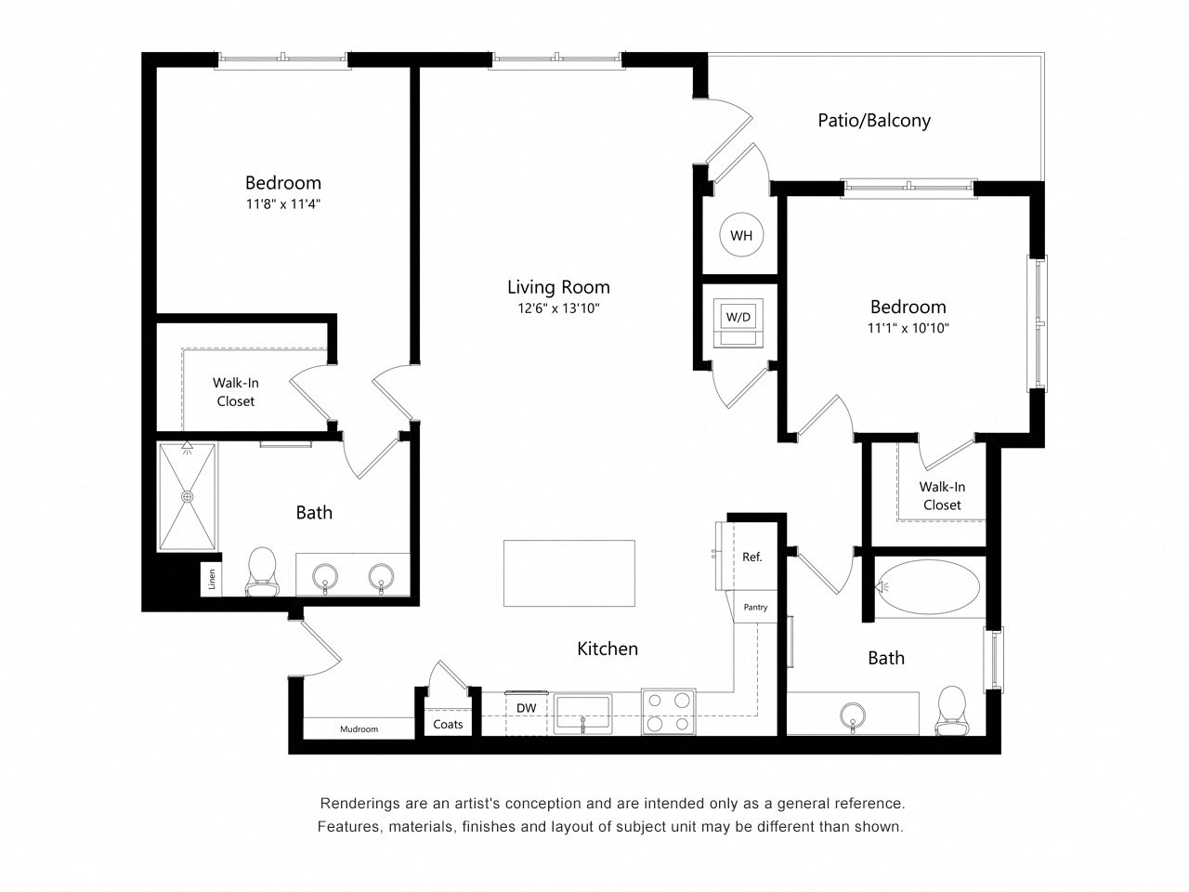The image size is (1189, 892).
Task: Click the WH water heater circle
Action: tap(741, 235)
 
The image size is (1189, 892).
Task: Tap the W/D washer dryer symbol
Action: tap(738, 322)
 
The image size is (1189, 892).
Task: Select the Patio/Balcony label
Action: tap(874, 120)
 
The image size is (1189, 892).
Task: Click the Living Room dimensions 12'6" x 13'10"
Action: tap(558, 308)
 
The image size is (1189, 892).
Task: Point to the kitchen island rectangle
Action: tap(568, 573)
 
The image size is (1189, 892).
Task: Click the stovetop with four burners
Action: tap(669, 712)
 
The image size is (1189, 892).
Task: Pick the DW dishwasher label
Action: tap(526, 708)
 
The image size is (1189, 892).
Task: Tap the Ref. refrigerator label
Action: tap(751, 557)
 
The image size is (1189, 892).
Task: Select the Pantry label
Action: tap(755, 607)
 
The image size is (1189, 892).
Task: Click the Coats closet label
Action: tap(448, 724)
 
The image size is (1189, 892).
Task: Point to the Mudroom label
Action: tap(359, 729)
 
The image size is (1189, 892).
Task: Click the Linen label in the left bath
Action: tap(212, 579)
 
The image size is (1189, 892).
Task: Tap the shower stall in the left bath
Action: tap(188, 496)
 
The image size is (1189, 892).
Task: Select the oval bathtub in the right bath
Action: tap(928, 587)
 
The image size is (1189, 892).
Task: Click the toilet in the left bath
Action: tap(262, 571)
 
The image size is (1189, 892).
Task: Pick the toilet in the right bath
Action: tap(952, 711)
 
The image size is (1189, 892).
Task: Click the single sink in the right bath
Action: tap(853, 716)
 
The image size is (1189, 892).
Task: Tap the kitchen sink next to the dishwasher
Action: tap(582, 714)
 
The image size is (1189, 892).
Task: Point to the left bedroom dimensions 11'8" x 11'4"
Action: tap(283, 204)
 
